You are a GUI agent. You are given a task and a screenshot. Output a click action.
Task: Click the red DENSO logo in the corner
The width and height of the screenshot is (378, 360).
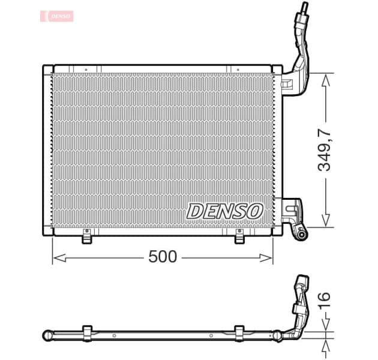coord(57,16)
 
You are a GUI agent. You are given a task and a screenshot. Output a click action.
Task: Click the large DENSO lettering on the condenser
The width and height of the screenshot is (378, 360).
coord(224,211)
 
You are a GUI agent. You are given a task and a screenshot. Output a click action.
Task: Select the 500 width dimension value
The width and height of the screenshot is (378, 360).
coord(163,257)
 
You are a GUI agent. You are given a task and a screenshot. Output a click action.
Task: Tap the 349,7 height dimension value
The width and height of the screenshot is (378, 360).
coord(325,149)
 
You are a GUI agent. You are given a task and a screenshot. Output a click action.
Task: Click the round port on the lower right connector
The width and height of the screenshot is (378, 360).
coord(299,231)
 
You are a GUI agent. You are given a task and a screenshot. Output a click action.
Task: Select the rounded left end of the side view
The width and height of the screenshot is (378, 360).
coord(47,334)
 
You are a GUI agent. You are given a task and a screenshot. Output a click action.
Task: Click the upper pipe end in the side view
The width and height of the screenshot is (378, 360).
coord(303,280)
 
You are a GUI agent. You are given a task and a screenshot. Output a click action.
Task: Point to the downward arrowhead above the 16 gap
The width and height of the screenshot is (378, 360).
coord(325,326)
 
